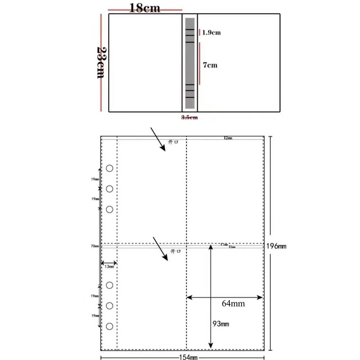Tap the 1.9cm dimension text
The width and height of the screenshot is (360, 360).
pos(211,33)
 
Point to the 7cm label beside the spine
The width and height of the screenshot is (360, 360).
pos(210,65)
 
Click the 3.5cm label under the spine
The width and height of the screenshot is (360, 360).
pos(189,117)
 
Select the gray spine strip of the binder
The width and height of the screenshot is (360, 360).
pos(190,63)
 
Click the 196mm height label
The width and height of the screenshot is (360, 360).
pos(276,246)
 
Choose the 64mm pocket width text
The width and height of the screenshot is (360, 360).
pos(233,303)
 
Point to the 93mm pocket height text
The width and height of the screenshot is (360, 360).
pos(221,324)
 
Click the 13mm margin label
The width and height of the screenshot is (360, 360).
pos(109,266)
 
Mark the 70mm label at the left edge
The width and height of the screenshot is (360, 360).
pos(95,247)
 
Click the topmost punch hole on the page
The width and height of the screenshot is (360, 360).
pos(110,168)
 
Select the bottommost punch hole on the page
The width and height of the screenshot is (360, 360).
pos(110,326)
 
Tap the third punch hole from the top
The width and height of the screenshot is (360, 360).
pos(110,209)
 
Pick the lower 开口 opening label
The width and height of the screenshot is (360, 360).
pos(175,251)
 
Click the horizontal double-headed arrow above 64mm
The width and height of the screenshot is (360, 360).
pos(225,297)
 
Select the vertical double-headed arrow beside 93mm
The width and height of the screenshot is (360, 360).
pos(211,295)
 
